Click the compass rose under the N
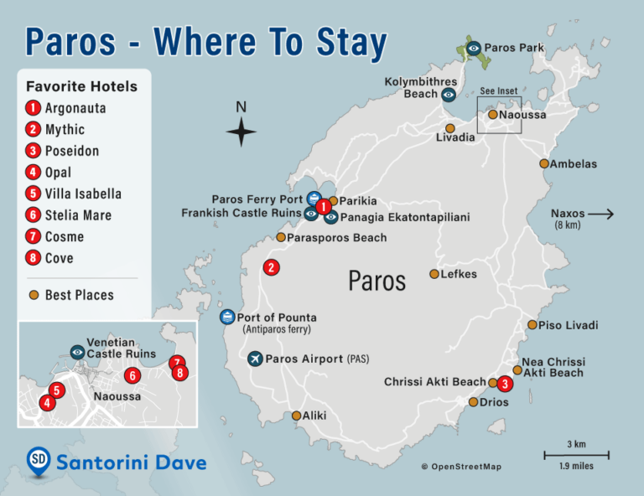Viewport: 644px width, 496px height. coord(241,132)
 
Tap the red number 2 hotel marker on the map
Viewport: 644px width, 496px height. coord(271,268)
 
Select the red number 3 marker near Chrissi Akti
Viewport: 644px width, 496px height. coord(504,384)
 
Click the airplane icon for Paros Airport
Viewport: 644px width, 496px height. coord(256,359)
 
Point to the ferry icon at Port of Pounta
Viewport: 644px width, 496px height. coord(226,317)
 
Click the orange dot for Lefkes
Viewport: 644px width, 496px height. coord(434,274)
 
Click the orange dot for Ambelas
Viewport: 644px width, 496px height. coord(544,164)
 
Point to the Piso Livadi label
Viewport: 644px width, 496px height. coord(569,325)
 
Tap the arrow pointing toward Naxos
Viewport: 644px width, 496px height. coord(601,214)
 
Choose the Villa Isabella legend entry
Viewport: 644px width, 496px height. coord(83,194)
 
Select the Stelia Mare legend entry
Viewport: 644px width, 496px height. coord(78,215)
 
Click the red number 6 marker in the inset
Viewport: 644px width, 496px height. coord(132,375)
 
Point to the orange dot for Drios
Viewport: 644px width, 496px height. coord(473,402)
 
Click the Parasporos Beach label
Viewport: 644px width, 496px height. coord(337,238)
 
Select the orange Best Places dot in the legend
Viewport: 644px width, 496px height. coord(34,295)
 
